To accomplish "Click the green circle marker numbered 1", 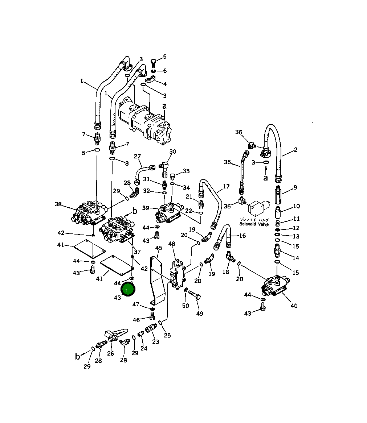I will tap(127, 290).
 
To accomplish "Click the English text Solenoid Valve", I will tap(254, 224).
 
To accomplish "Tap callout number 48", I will tap(172, 244).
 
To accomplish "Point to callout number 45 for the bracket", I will tap(159, 248).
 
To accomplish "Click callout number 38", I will tap(58, 204).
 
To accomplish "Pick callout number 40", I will tap(294, 306).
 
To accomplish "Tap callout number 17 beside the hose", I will tap(226, 187).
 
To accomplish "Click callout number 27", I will tap(137, 156).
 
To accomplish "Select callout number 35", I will tap(227, 162).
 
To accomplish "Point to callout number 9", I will tap(295, 187).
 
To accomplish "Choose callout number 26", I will tap(110, 353).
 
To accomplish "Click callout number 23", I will tap(155, 341).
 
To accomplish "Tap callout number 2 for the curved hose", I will tap(295, 150).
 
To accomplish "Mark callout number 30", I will tap(172, 152).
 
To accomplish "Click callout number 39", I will tap(146, 208).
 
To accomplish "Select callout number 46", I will tap(136, 320).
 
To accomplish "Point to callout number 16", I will tap(242, 236).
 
